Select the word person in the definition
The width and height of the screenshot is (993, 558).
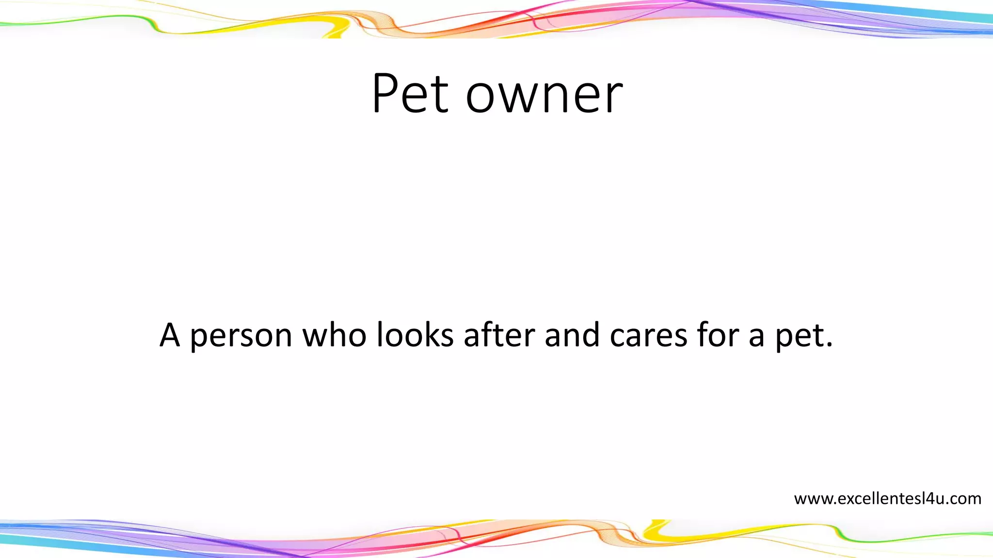(x=241, y=337)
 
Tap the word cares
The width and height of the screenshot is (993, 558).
(x=648, y=337)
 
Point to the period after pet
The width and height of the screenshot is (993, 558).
(x=829, y=345)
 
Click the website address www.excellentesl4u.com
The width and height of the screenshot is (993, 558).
(x=887, y=498)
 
